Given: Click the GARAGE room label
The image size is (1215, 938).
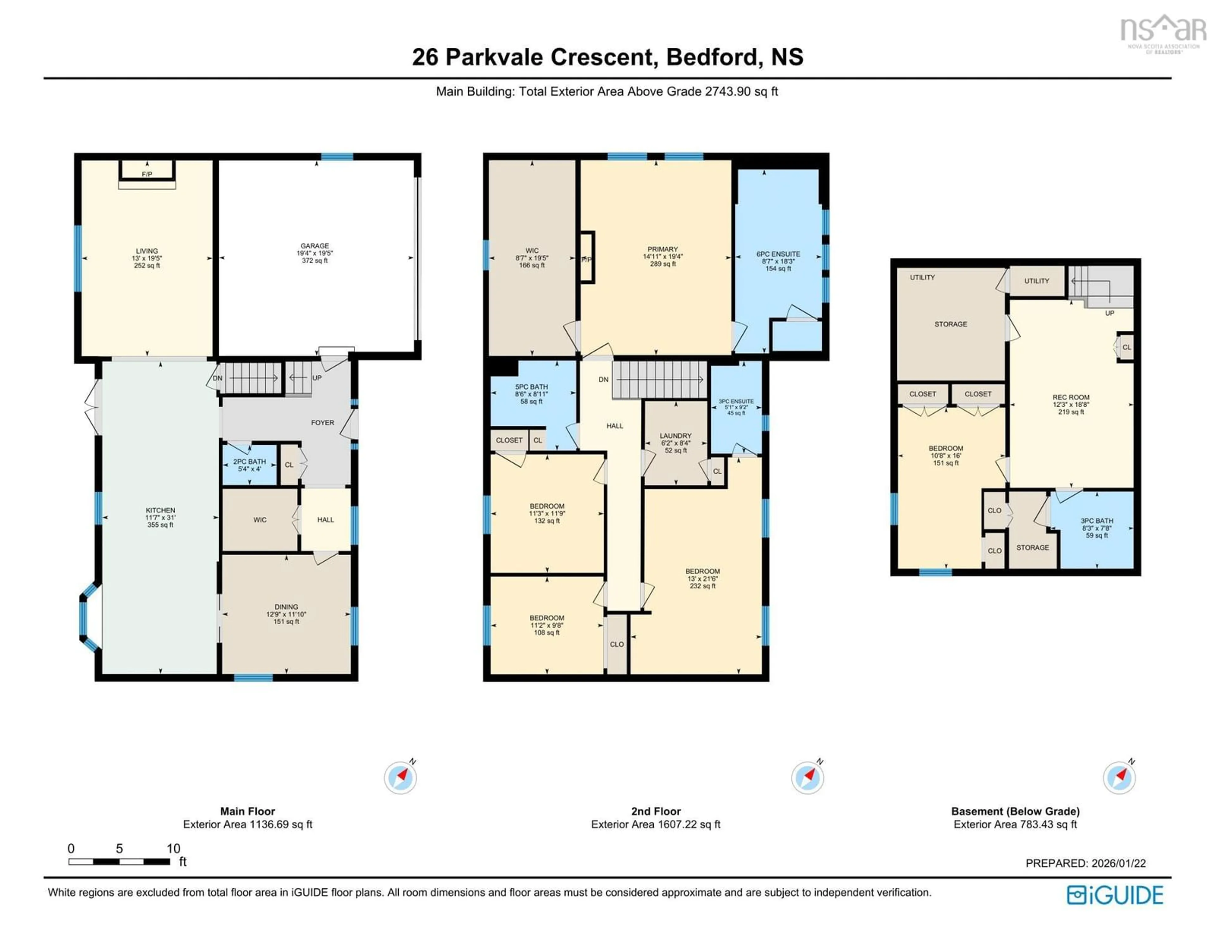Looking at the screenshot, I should click(x=315, y=246).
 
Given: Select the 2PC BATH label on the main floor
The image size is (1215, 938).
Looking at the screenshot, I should click(x=249, y=461).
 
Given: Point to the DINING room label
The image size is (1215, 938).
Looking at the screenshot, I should click(x=286, y=607).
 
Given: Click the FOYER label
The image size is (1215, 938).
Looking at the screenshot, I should click(x=323, y=423).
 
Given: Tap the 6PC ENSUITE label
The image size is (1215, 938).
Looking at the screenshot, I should click(x=778, y=254).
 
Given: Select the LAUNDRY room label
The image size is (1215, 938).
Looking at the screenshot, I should click(x=676, y=436).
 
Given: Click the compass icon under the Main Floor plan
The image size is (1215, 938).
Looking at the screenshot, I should click(x=400, y=777).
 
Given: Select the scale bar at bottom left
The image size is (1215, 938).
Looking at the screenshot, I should click(x=119, y=861).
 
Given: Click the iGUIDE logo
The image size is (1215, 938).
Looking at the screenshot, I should click(x=1115, y=895).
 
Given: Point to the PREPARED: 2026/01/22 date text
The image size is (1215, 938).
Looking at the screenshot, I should click(x=1085, y=863).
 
